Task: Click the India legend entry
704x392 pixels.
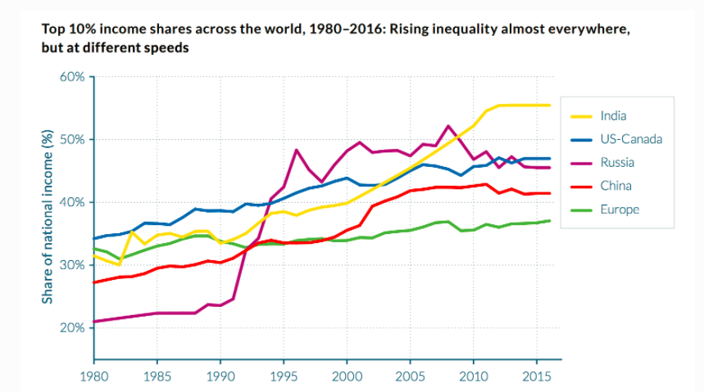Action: (x=613, y=116)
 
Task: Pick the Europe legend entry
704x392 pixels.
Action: (x=619, y=210)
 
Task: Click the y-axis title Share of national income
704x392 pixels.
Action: (x=48, y=216)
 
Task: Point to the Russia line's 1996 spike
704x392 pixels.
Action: (x=296, y=150)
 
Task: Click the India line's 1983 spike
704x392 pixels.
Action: (x=132, y=232)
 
